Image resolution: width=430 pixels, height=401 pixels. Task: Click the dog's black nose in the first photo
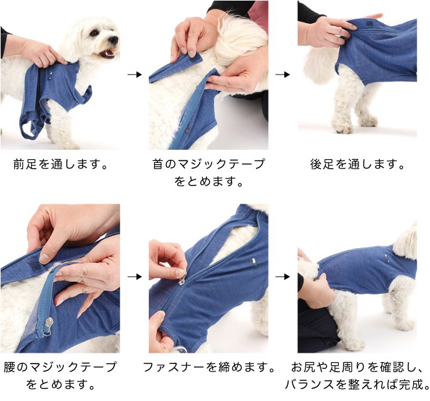pyautogui.click(x=113, y=40)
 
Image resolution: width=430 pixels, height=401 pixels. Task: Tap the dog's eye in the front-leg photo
pyautogui.click(x=94, y=33)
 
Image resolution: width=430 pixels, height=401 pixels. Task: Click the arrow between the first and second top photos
pyautogui.click(x=135, y=75)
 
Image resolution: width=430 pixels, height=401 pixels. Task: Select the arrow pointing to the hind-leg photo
pyautogui.click(x=283, y=75)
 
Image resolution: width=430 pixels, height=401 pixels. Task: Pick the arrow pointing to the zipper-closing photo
pyautogui.click(x=135, y=277)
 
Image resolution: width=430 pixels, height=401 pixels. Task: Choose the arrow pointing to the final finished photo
pyautogui.click(x=283, y=277)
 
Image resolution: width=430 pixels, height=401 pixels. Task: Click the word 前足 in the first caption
pyautogui.click(x=24, y=164)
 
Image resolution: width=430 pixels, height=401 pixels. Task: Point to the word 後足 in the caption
pyautogui.click(x=321, y=164)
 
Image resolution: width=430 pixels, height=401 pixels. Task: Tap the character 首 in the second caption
pyautogui.click(x=158, y=164)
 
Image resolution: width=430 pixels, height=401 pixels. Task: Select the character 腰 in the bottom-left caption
pyautogui.click(x=9, y=367)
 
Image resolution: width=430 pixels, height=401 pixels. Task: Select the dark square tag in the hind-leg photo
pyautogui.click(x=369, y=24)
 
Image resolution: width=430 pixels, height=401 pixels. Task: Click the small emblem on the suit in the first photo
pyautogui.click(x=51, y=76)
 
